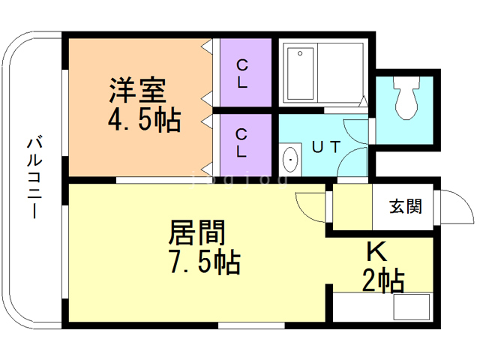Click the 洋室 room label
click(x=138, y=90)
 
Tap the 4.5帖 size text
click(x=144, y=120)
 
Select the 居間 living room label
click(x=197, y=232)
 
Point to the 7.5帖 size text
click(x=205, y=262)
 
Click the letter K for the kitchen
click(x=376, y=252)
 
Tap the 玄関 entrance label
click(x=406, y=206)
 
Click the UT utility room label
click(x=326, y=147)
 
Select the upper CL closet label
click(x=242, y=73)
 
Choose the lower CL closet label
click(x=241, y=143)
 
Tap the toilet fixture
click(x=406, y=97)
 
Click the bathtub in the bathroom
click(x=300, y=73)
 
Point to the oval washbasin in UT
click(x=290, y=160)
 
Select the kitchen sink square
click(x=412, y=307)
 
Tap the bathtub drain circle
click(x=300, y=53)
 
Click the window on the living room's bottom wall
click(x=251, y=325)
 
